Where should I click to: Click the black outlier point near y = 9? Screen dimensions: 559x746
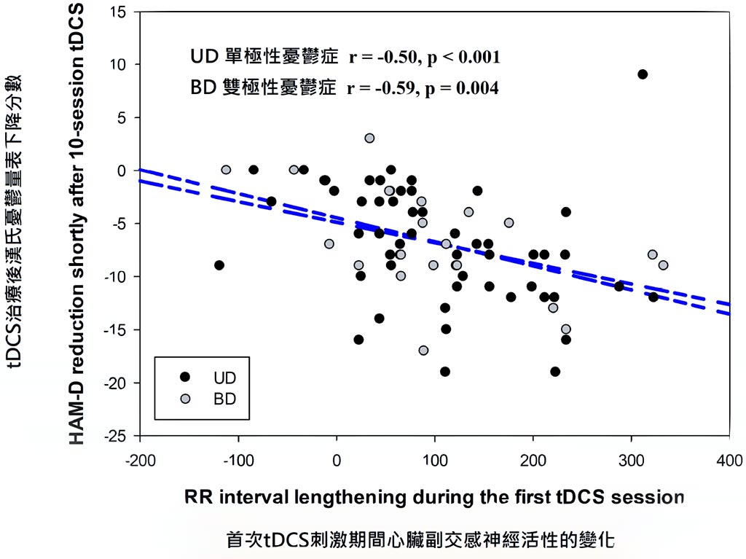pyautogui.click(x=643, y=74)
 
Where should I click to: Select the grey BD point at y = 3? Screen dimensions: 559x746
pyautogui.click(x=369, y=138)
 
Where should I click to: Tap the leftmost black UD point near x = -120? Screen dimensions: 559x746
pyautogui.click(x=219, y=265)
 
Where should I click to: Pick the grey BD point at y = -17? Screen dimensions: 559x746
pyautogui.click(x=423, y=351)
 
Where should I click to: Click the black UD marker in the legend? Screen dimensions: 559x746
pyautogui.click(x=184, y=377)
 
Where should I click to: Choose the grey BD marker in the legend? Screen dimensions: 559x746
pyautogui.click(x=184, y=399)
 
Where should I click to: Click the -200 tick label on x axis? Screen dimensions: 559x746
pyautogui.click(x=138, y=461)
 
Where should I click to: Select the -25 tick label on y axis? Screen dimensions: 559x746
pyautogui.click(x=116, y=436)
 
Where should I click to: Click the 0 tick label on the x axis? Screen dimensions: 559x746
pyautogui.click(x=337, y=461)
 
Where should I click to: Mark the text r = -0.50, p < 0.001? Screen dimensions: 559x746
pyautogui.click(x=423, y=57)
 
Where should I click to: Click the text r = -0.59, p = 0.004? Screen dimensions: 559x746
pyautogui.click(x=423, y=89)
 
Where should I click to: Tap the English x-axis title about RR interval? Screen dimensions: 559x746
pyautogui.click(x=434, y=498)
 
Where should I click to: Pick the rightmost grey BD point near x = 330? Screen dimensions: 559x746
pyautogui.click(x=663, y=265)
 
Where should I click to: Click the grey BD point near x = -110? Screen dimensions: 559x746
pyautogui.click(x=226, y=170)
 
